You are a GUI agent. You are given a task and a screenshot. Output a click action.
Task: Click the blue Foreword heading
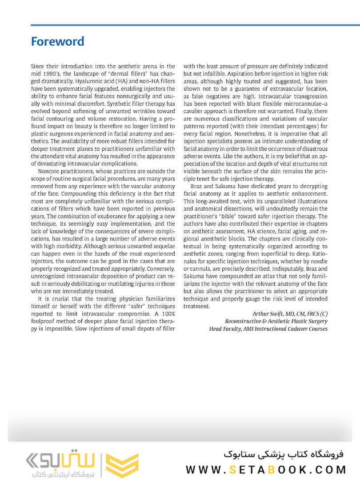pyautogui.click(x=57, y=42)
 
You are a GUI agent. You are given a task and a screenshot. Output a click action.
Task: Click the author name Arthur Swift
pyautogui.click(x=269, y=313)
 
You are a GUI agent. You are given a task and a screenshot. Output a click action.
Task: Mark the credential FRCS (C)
pyautogui.click(x=316, y=313)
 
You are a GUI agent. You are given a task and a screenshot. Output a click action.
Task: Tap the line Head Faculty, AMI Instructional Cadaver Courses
pyautogui.click(x=268, y=329)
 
